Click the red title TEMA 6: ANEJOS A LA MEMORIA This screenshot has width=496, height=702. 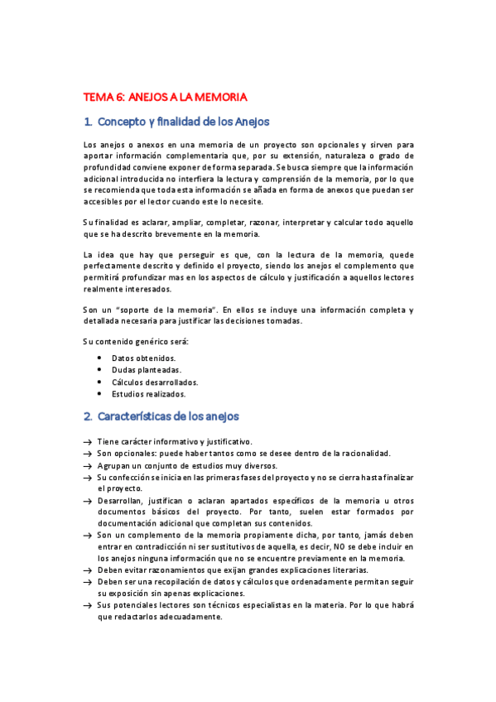(x=166, y=96)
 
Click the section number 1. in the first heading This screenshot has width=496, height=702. (x=88, y=122)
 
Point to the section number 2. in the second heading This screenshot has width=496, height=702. (x=88, y=416)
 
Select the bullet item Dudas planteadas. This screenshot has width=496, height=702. (x=147, y=369)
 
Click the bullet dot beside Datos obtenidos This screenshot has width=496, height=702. (x=99, y=358)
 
